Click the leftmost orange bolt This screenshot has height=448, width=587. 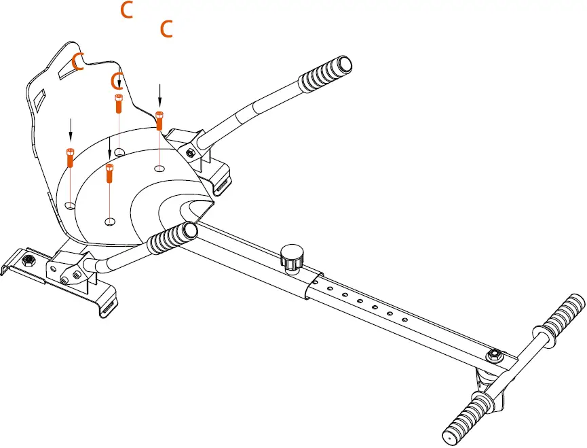coord(69,157)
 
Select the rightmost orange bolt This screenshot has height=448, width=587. coord(159,120)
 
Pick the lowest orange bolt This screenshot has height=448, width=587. coord(109,173)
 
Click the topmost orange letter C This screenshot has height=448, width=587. coord(126,10)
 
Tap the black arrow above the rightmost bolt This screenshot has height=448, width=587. coord(160,94)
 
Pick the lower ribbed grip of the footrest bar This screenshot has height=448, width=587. coord(468,414)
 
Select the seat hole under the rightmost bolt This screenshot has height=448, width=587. coord(159,167)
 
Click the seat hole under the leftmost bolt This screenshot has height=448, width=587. coord(70,203)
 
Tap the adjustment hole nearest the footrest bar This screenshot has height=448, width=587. coord(405,320)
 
